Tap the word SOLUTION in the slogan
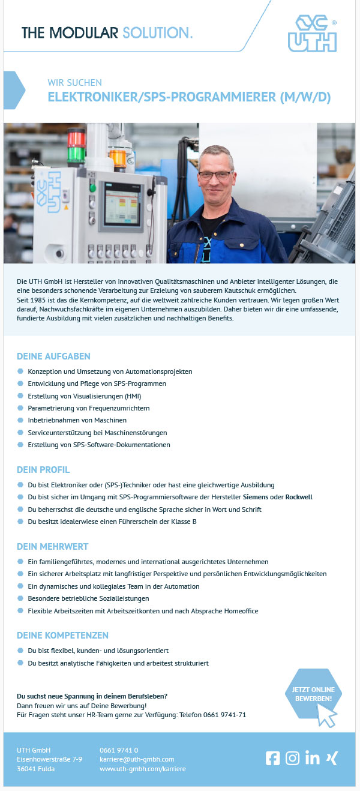tap(157, 32)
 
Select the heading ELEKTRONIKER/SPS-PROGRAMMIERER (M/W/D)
tap(189, 97)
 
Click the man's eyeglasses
tap(214, 175)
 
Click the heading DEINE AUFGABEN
tap(54, 356)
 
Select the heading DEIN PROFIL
tap(43, 469)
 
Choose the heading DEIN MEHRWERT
tap(53, 547)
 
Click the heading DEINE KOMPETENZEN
tap(62, 635)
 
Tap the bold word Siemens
tap(255, 497)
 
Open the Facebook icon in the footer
tap(272, 758)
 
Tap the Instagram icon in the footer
tap(292, 758)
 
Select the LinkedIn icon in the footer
tap(312, 758)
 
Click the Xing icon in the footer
tap(331, 758)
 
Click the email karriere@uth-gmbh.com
tap(137, 759)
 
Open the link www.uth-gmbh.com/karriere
tap(143, 769)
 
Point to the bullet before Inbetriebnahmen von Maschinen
tap(20, 420)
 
